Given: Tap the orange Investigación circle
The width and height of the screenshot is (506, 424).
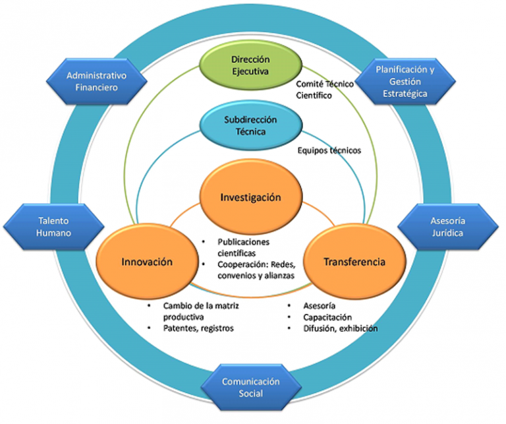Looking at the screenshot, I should [x=250, y=197].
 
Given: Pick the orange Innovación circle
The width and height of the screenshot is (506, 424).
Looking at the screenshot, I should [x=147, y=262].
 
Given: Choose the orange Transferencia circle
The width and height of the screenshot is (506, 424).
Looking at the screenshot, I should [x=354, y=262].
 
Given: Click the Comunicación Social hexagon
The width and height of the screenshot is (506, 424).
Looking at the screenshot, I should [x=251, y=388].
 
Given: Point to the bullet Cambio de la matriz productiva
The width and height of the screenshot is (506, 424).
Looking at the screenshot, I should [x=192, y=311].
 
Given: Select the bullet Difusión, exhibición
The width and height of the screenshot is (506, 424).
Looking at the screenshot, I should [x=340, y=328].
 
